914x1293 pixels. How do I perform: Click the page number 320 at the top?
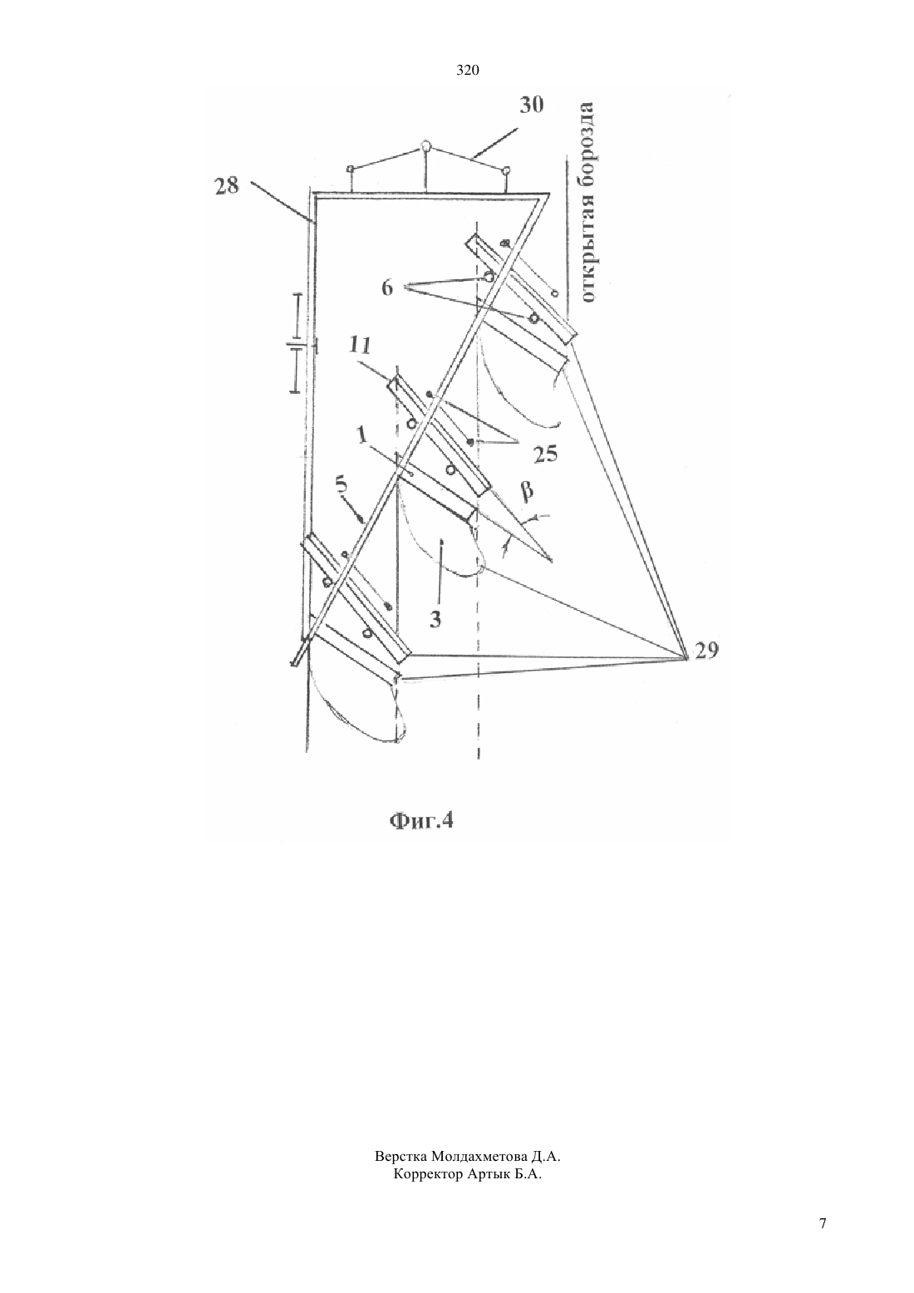coord(468,71)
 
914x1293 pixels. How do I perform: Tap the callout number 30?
coord(532,105)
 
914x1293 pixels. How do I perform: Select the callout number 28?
coord(226,186)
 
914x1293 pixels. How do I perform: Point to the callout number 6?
coord(387,288)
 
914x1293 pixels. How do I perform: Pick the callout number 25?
coord(545,455)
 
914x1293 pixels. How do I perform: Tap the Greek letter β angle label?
coord(527,491)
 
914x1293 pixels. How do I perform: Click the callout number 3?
coord(435,619)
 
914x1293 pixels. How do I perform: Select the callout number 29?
coord(706,651)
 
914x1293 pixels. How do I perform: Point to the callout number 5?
coord(342,486)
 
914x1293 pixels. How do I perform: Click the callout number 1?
coord(361,435)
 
